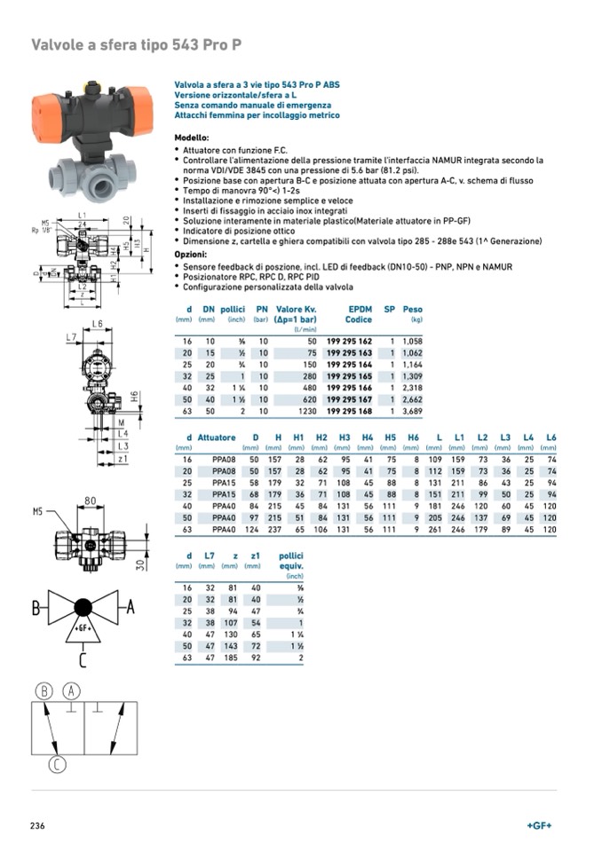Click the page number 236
(37, 825)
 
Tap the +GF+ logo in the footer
(539, 825)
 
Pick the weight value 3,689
(411, 411)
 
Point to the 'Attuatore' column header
(217, 437)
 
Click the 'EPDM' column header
(360, 309)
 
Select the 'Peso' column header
(412, 309)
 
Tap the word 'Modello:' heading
(191, 138)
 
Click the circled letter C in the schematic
(58, 764)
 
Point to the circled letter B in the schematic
(45, 691)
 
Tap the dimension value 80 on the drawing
(90, 500)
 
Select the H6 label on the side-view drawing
(134, 395)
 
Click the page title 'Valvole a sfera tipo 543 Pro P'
(137, 44)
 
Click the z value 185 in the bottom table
(233, 658)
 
